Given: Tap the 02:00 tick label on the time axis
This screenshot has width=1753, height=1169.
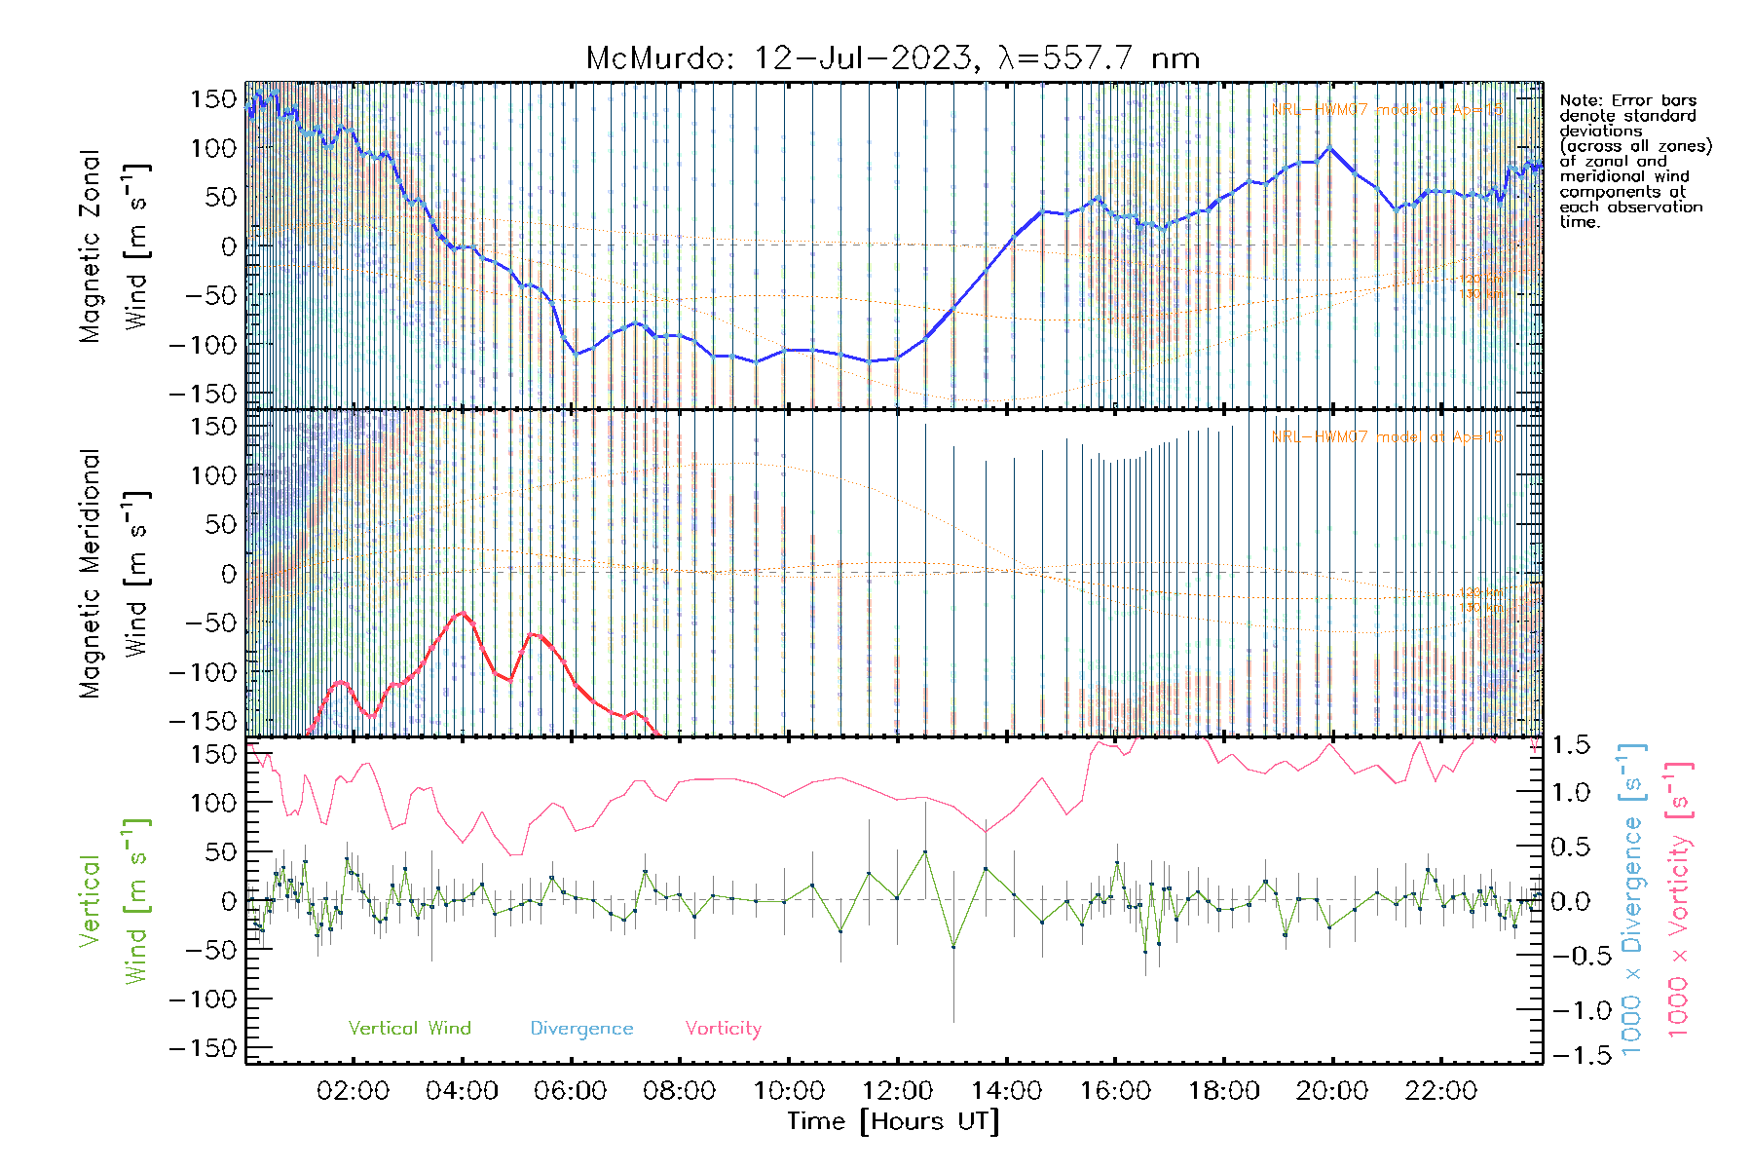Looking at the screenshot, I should coord(353,1091).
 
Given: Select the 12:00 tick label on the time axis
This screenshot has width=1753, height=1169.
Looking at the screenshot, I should coord(897,1091).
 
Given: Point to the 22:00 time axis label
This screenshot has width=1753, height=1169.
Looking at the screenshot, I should coord(1440,1091).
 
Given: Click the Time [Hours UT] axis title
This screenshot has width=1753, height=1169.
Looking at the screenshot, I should coord(893,1122).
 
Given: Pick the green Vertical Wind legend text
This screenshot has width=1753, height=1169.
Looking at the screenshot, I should coord(409,1029).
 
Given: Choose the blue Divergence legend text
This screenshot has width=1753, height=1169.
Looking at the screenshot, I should coord(581,1029).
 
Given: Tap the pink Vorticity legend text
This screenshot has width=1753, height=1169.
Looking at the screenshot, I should coord(723,1029).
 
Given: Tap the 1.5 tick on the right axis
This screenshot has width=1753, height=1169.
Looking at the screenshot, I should coord(1571,745).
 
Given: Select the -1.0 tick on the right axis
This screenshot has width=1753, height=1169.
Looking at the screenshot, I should coord(1571,1010).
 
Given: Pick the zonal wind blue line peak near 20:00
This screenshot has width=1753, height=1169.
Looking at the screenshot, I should coord(1330,147).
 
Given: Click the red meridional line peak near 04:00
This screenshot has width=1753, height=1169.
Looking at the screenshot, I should coord(463,613).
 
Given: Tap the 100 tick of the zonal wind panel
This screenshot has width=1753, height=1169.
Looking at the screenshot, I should coord(214,148).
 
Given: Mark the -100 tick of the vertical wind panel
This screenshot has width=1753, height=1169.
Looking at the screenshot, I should coord(203,999).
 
